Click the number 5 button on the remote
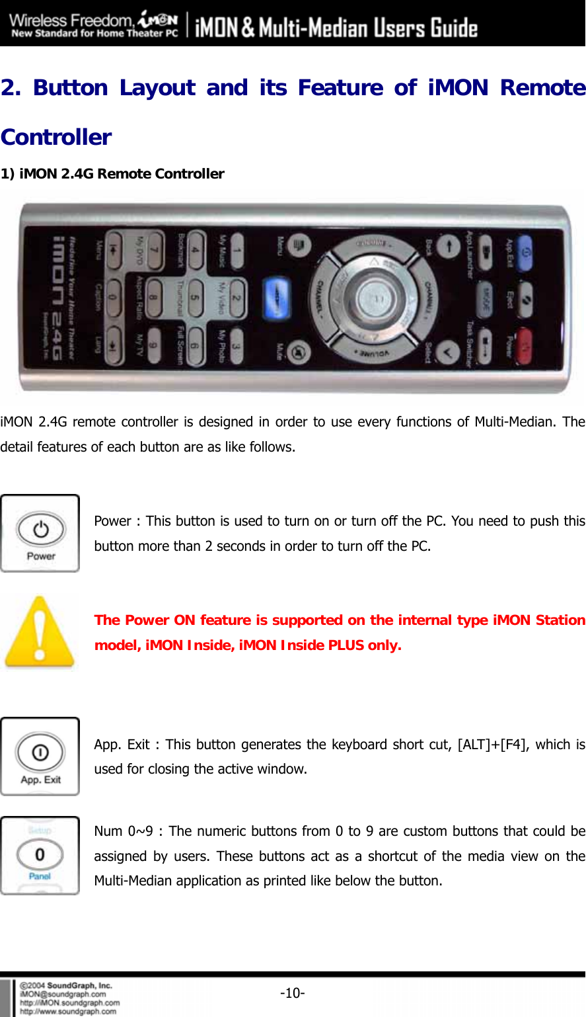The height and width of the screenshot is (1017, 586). pos(196,296)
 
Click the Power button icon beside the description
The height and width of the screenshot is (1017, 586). pos(40,533)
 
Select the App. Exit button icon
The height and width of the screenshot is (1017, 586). pos(40,756)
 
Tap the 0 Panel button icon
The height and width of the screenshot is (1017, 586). pos(40,855)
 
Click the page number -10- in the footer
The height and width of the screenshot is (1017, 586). pos(292,993)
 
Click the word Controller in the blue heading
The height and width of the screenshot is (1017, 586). pos(56,137)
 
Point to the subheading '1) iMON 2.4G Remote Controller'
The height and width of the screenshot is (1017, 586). pos(112,174)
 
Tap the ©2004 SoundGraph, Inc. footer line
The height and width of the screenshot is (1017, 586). pos(66,985)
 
